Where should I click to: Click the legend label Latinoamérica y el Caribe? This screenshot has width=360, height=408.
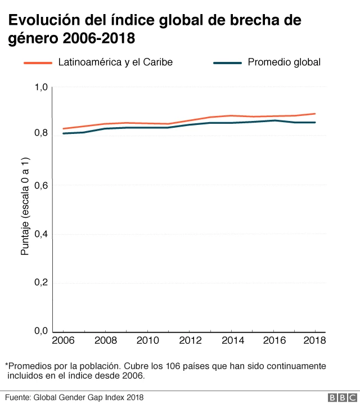click(115, 62)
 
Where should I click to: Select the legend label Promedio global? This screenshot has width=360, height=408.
click(284, 62)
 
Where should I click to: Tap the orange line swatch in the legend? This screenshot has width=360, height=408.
click(38, 63)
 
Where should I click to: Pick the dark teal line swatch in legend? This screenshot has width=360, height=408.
click(228, 63)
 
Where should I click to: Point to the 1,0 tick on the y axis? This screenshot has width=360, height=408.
click(42, 87)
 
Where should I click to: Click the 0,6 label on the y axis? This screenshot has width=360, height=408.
click(42, 186)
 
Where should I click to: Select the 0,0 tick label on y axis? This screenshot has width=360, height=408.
click(42, 331)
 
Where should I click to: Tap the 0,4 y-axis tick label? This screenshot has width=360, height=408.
click(42, 234)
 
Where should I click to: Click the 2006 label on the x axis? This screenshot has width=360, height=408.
click(62, 341)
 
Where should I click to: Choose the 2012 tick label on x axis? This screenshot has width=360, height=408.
click(188, 341)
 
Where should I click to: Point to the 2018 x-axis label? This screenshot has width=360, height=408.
click(314, 341)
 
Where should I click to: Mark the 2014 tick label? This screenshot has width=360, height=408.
click(231, 341)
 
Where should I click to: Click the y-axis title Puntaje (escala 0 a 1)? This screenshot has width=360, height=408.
click(25, 208)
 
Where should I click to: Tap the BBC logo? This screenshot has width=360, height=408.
click(340, 398)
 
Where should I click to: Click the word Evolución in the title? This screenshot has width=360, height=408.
click(39, 21)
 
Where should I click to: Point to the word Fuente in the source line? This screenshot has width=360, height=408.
click(17, 398)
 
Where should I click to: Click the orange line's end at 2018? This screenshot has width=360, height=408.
click(314, 114)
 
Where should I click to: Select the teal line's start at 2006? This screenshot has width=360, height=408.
click(63, 133)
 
